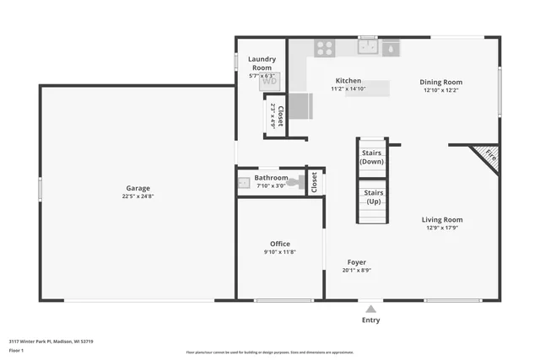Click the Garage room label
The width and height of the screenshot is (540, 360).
138,188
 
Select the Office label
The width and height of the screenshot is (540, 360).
280,244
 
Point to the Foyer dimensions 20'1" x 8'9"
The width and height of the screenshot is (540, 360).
357,271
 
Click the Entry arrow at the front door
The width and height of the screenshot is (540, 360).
370,309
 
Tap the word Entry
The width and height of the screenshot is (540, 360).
370,320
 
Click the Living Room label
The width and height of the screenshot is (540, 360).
442,219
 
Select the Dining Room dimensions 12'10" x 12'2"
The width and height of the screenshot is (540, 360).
442,90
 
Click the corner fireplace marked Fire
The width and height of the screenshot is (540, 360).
489,156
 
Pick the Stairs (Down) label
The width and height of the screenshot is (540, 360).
372,157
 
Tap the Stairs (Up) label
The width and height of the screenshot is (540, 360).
372,197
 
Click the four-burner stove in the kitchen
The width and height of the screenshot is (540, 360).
325,48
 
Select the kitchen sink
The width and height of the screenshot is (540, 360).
368,47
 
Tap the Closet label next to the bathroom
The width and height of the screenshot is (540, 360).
315,182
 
